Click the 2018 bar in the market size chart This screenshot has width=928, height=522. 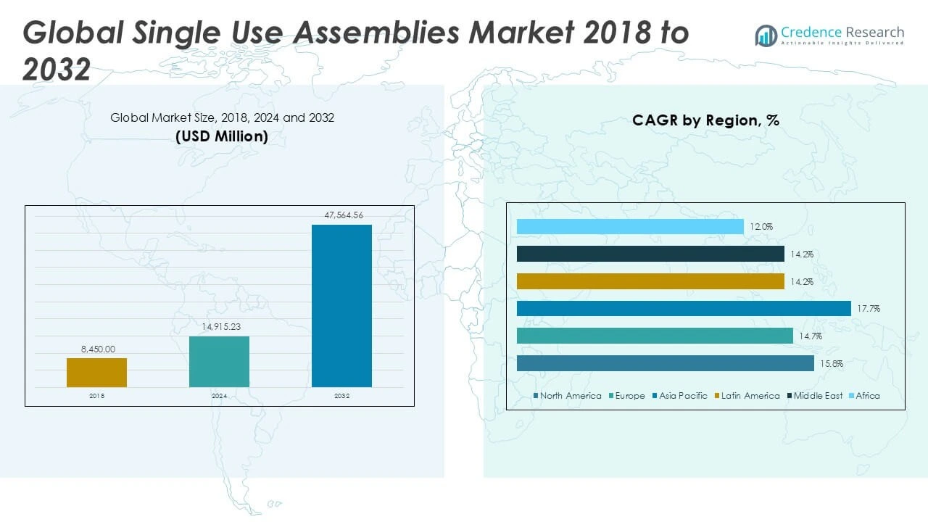pyautogui.click(x=96, y=373)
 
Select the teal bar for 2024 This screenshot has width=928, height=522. pyautogui.click(x=219, y=361)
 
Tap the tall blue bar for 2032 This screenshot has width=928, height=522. pyautogui.click(x=341, y=305)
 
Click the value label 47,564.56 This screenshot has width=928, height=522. pyautogui.click(x=341, y=215)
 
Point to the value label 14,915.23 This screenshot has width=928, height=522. pyautogui.click(x=219, y=327)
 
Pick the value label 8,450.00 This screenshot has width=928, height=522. pyautogui.click(x=97, y=349)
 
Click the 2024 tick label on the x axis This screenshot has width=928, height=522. pyautogui.click(x=219, y=396)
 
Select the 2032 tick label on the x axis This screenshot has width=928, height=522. pyautogui.click(x=341, y=396)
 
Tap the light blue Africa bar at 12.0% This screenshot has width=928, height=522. pyautogui.click(x=630, y=227)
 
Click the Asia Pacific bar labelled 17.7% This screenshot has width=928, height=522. pyautogui.click(x=684, y=309)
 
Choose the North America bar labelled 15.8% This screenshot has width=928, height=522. pyautogui.click(x=666, y=363)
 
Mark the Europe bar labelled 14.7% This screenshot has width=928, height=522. pyautogui.click(x=655, y=336)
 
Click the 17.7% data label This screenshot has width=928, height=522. pyautogui.click(x=869, y=309)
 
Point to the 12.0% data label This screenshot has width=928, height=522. pyautogui.click(x=761, y=227)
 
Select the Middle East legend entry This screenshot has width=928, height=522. pyautogui.click(x=815, y=396)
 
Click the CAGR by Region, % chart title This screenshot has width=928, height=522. pyautogui.click(x=705, y=120)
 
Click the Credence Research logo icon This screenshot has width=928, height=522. pyautogui.click(x=766, y=36)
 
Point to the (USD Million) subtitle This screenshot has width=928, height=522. pyautogui.click(x=222, y=136)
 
